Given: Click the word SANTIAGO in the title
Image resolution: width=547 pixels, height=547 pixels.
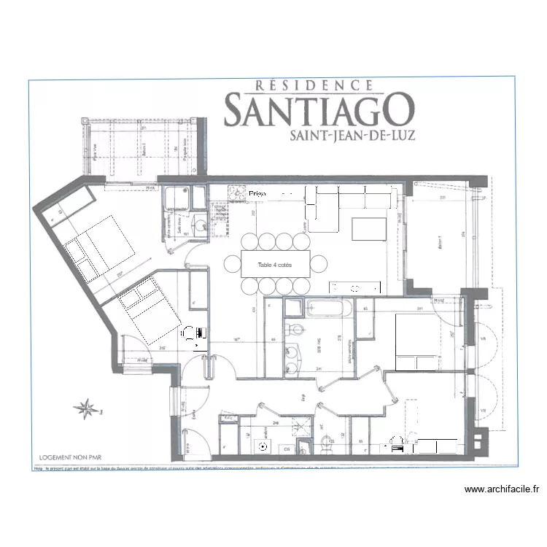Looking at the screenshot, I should pyautogui.click(x=319, y=110).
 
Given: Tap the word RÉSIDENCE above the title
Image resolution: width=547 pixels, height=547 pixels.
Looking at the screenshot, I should pyautogui.click(x=316, y=85).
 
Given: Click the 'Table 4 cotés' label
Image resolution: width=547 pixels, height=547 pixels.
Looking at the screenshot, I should pyautogui.click(x=276, y=265).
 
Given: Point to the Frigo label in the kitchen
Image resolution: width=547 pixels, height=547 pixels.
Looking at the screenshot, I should pyautogui.click(x=259, y=194).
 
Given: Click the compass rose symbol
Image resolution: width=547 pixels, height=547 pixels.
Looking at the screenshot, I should pyautogui.click(x=87, y=409).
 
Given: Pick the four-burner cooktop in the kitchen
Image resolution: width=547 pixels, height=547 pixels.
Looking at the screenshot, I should pyautogui.click(x=238, y=194).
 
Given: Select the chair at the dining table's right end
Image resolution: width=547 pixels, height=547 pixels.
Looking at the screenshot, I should pyautogui.click(x=319, y=263).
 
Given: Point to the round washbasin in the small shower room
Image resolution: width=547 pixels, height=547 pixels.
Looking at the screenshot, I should pyautogui.click(x=198, y=225).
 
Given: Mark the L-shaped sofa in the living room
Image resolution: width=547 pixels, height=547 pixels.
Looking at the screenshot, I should pyautogui.click(x=343, y=201).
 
